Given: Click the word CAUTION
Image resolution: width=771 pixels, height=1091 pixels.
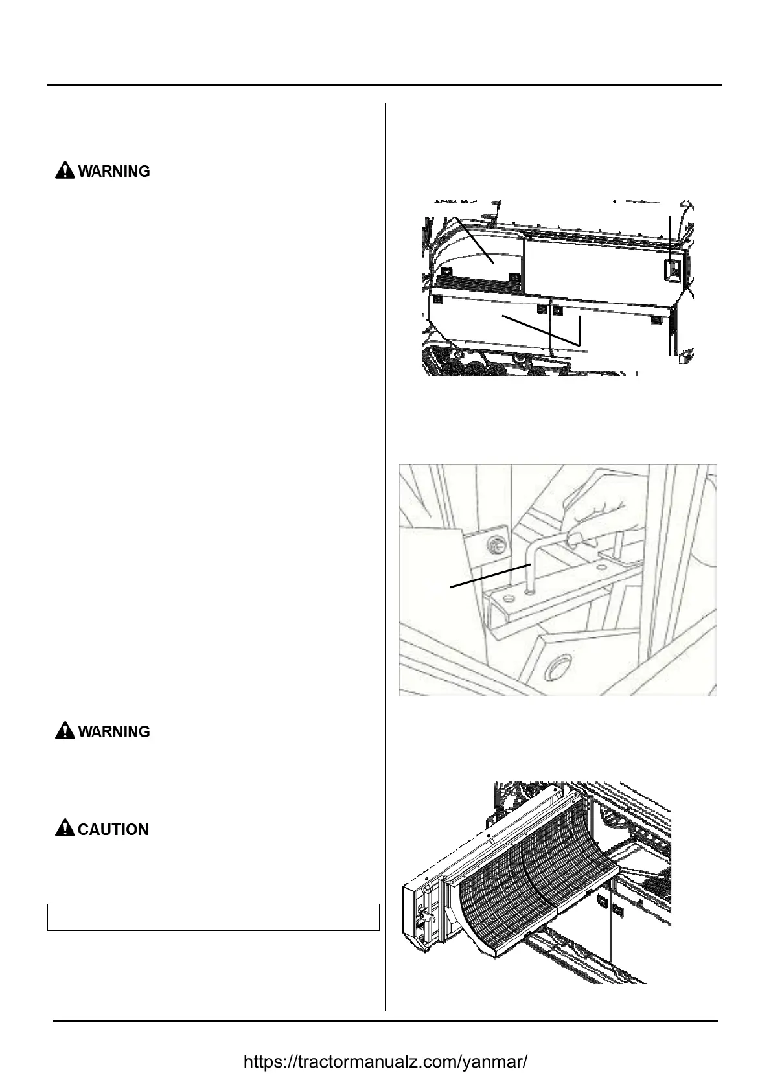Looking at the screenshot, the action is [x=113, y=829].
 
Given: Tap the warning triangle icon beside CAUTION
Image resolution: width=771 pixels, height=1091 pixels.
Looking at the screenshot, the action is [x=65, y=829].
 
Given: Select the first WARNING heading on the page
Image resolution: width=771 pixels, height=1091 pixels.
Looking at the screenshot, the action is [x=113, y=171].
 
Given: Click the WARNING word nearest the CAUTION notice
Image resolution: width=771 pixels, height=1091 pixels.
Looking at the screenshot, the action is [x=113, y=731].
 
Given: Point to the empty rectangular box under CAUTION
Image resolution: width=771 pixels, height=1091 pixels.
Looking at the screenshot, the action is [x=213, y=917].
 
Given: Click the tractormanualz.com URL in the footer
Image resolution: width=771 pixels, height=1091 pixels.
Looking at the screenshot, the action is [x=385, y=1062].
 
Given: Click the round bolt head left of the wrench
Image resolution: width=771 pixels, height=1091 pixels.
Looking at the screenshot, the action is [x=495, y=545].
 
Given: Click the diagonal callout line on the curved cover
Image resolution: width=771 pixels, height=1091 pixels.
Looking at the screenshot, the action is [x=474, y=240].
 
